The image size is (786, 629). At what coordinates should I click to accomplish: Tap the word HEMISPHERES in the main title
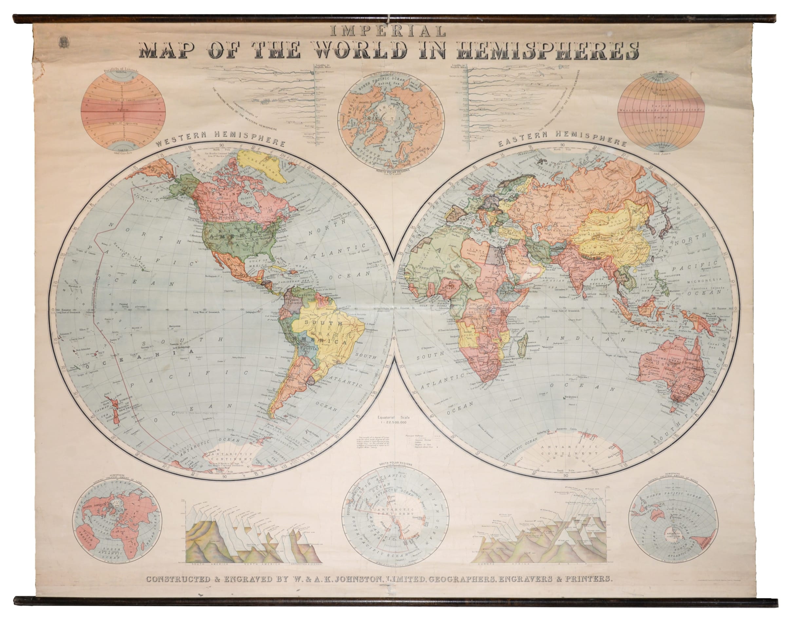coord(547,51)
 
